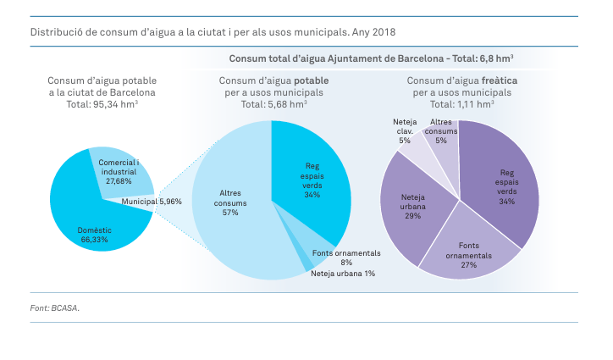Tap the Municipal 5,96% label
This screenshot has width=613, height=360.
(152, 202)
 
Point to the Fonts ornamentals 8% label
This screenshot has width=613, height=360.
(346, 258)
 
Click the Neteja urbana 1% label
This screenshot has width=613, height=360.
(343, 274)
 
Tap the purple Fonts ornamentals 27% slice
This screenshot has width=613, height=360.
(466, 250)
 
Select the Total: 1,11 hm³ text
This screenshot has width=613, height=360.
(461, 104)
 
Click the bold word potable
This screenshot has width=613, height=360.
(312, 80)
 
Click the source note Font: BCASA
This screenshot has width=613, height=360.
(55, 308)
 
